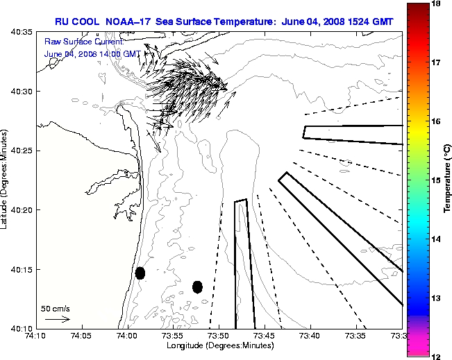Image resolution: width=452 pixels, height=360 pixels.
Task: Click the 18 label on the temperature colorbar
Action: tap(437, 3)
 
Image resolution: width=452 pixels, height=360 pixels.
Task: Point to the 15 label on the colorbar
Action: tap(437, 180)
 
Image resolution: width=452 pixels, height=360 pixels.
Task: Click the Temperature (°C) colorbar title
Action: tap(448, 180)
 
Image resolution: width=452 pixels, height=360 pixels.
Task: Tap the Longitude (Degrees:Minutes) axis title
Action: tap(219, 345)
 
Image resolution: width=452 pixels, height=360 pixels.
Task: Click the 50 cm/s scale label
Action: tap(56, 308)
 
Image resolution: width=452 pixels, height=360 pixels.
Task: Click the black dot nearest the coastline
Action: tap(140, 273)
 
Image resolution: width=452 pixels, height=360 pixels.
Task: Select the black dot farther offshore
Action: tap(197, 286)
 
